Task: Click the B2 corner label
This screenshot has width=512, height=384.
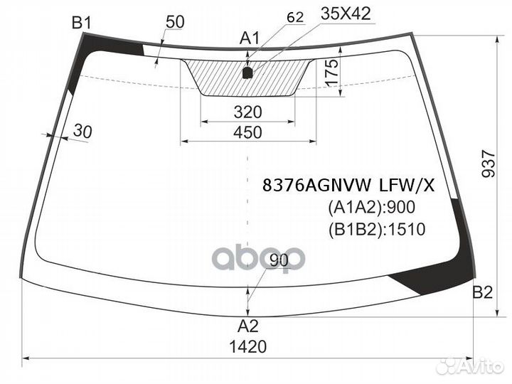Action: click(483, 292)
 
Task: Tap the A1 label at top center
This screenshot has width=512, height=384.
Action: click(249, 38)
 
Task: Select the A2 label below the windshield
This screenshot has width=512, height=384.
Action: click(248, 326)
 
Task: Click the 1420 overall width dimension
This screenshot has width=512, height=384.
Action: click(249, 347)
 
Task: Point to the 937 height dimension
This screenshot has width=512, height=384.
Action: click(488, 164)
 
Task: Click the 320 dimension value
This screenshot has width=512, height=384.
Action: click(247, 112)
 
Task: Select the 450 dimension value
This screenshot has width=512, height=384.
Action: click(247, 132)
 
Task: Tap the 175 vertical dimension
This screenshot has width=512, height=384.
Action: click(332, 74)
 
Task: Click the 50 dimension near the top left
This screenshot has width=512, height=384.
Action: click(174, 22)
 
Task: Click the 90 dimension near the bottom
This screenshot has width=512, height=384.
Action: click(279, 261)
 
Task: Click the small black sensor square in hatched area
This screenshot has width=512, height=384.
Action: click(247, 72)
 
